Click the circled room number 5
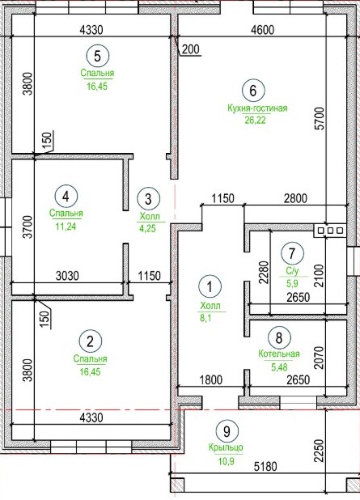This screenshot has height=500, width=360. (x=98, y=56)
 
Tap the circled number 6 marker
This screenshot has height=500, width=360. (x=253, y=91)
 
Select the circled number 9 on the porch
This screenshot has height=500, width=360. (x=227, y=431)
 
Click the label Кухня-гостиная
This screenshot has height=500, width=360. (x=257, y=108)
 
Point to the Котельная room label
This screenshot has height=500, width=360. (x=279, y=354)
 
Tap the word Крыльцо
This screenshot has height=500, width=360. (x=226, y=447)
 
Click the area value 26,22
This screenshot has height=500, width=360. (x=255, y=121)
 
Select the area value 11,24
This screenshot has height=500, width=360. (x=66, y=227)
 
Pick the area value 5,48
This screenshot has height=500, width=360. (x=279, y=367)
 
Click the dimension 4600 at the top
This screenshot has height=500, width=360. (x=262, y=30)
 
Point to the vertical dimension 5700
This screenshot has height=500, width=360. (x=320, y=118)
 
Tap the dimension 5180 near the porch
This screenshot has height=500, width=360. (x=265, y=467)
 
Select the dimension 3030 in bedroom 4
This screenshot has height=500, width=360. (x=67, y=276)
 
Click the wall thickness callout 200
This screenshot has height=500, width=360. (x=191, y=49)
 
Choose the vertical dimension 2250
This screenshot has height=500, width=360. (x=319, y=451)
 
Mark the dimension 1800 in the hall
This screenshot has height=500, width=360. (x=211, y=379)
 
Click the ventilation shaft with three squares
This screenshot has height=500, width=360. (x=330, y=231)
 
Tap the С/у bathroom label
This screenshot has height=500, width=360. (x=292, y=271)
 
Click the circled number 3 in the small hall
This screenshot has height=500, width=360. (x=148, y=199)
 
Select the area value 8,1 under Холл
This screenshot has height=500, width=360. (x=205, y=318)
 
